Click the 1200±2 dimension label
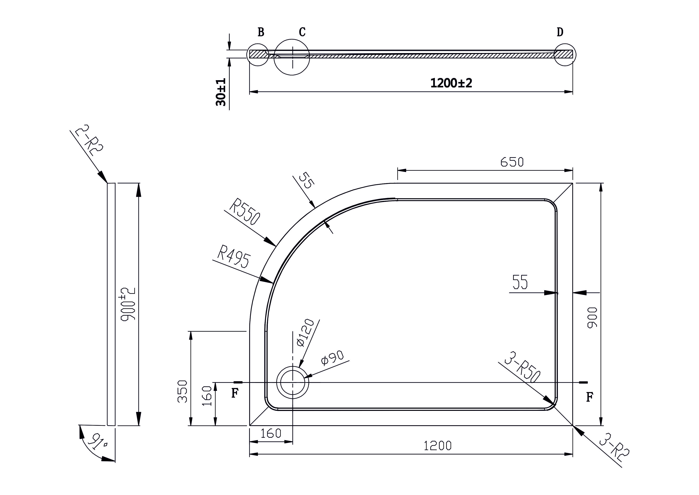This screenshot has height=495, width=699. click(x=451, y=83)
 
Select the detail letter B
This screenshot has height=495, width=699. click(x=261, y=32)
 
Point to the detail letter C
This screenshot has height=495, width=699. click(x=302, y=32)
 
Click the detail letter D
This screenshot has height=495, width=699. click(x=560, y=32)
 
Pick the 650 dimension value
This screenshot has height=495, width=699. click(x=512, y=162)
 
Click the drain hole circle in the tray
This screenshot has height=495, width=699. click(x=293, y=382)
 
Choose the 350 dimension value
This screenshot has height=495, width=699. click(x=182, y=391)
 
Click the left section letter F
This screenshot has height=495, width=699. click(x=234, y=393)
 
